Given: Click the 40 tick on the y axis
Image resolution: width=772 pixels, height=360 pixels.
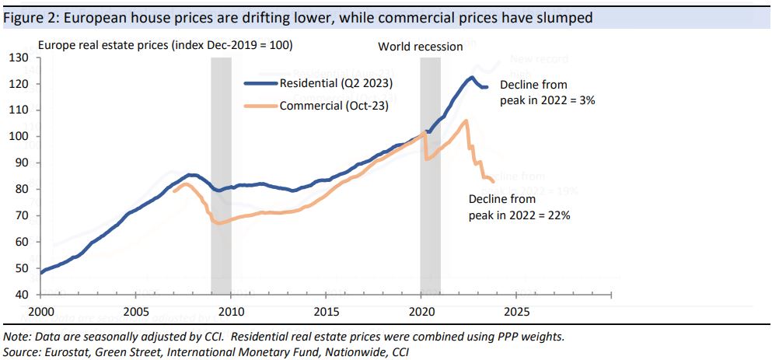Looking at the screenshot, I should (x=22, y=295).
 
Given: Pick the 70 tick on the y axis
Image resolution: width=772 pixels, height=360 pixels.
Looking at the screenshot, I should (x=22, y=216).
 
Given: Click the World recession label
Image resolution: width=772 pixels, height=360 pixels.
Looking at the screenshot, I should (x=420, y=47).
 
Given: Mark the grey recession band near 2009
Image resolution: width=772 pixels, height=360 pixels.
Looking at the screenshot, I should (x=221, y=179).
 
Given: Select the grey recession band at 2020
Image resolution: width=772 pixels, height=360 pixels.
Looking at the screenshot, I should (x=430, y=179).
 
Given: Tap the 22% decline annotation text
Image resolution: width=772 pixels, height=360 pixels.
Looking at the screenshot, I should (x=519, y=208).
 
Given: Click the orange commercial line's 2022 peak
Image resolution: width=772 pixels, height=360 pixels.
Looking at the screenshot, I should (x=465, y=121).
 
